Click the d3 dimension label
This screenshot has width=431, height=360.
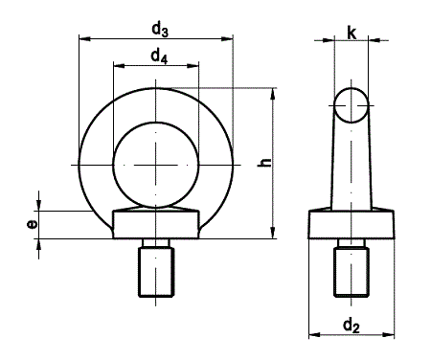click(160, 30)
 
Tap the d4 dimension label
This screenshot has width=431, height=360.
click(159, 56)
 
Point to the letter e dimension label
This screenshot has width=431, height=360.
click(32, 224)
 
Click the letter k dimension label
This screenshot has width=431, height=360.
click(352, 33)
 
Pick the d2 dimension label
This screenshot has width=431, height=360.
click(352, 326)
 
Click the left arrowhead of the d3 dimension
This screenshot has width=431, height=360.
click(84, 39)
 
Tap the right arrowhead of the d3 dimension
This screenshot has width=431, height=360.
click(227, 39)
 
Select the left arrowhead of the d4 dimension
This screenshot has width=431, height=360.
click(119, 66)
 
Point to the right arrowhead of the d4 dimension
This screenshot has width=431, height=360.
click(193, 66)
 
